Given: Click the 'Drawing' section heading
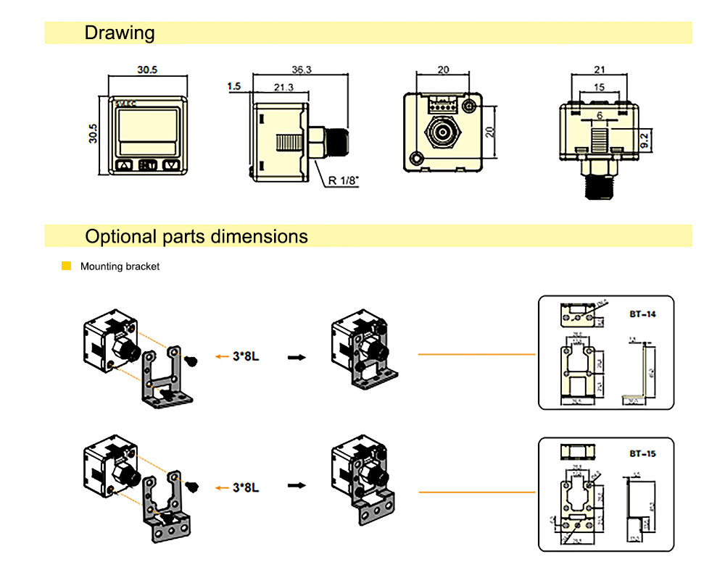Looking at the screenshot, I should (x=120, y=33).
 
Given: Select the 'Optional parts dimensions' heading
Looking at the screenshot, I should (x=196, y=236).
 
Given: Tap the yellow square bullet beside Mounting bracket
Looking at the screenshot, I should (x=67, y=266).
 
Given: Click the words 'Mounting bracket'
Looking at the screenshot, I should (x=120, y=266).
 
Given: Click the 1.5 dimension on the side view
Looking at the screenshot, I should (x=233, y=86).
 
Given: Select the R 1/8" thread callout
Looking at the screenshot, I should (x=344, y=180).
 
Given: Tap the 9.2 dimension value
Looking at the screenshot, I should (x=645, y=138).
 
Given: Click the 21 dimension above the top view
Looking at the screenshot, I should (x=599, y=70).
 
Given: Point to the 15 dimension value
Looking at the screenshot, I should (x=599, y=87).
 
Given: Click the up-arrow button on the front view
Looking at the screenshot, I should (x=123, y=165).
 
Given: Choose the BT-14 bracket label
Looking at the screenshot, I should (x=642, y=314).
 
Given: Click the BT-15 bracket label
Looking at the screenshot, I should (x=642, y=454).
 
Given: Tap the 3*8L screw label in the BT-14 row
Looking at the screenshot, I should (x=246, y=357).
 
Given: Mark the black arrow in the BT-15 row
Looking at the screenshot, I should (x=297, y=487).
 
